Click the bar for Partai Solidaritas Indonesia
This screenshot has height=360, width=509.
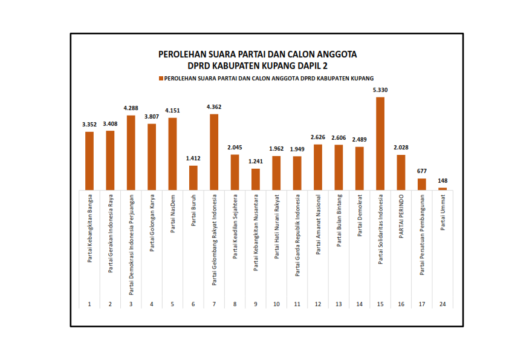[380, 144]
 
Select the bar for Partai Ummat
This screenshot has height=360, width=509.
[443, 189]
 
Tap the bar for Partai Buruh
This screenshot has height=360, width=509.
[193, 178]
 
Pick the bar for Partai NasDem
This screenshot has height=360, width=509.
[172, 154]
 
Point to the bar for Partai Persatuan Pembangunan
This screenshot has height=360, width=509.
[422, 185]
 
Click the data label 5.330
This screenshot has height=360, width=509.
[380, 90]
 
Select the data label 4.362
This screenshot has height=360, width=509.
[214, 107]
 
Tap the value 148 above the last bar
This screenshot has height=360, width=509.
[443, 180]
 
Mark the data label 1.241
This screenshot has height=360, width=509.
[256, 162]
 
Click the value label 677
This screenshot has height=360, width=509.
[422, 171]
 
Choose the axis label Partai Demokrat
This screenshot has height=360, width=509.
[360, 215]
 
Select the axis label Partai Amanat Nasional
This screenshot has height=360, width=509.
[318, 224]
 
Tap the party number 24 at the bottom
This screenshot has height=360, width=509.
[443, 303]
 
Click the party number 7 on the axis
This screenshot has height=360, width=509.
[214, 303]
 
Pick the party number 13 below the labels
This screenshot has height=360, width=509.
[339, 303]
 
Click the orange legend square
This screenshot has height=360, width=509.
[161, 79]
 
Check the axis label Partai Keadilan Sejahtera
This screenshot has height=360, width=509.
[235, 226]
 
